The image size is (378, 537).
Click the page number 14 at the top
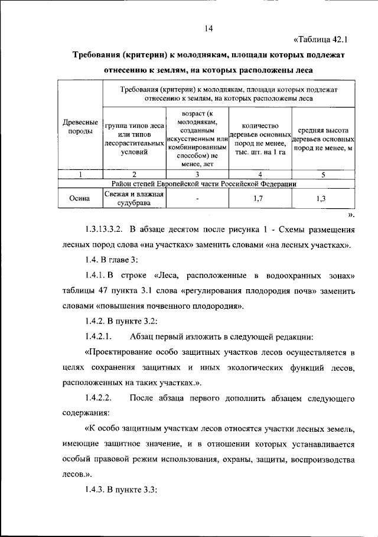pos(208,28)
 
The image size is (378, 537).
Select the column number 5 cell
pos(323,174)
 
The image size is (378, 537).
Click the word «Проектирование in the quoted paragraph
pos(122,352)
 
